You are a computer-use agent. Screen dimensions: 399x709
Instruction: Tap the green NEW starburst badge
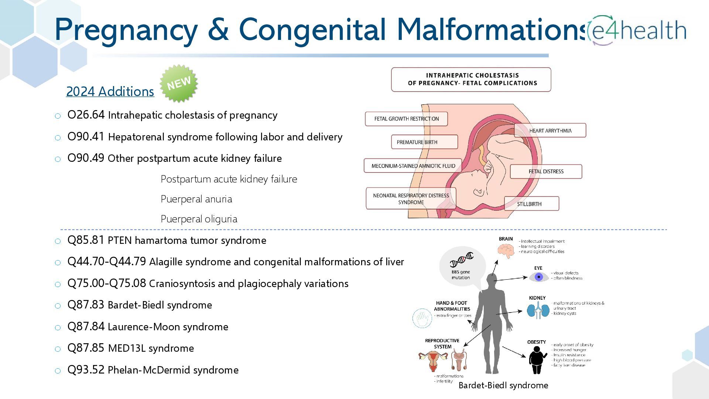(x=179, y=83)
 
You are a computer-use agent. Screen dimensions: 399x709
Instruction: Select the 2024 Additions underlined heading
(x=110, y=92)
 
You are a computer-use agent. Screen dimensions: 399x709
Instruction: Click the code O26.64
(x=86, y=115)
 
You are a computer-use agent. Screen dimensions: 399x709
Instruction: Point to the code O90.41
(x=86, y=137)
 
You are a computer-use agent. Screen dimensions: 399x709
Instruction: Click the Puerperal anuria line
(x=196, y=199)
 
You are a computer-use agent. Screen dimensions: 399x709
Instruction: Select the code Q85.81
(x=86, y=240)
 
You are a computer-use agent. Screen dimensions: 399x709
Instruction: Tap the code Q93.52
(x=86, y=370)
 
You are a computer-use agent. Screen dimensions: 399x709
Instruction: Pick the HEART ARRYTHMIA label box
(x=550, y=130)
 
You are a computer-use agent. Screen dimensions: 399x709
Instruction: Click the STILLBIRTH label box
(x=531, y=204)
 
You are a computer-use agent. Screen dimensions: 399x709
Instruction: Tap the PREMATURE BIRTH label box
(x=424, y=142)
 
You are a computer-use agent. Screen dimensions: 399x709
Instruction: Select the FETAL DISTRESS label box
(x=546, y=171)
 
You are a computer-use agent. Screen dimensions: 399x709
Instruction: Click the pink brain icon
(x=506, y=251)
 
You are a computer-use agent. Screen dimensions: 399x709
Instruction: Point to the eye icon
(x=538, y=277)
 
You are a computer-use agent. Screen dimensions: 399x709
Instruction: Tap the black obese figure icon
(x=537, y=360)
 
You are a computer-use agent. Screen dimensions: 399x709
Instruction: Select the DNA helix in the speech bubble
(x=462, y=259)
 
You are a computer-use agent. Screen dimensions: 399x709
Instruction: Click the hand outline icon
(x=422, y=318)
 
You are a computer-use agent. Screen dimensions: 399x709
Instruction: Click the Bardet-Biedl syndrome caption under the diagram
(x=503, y=385)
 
